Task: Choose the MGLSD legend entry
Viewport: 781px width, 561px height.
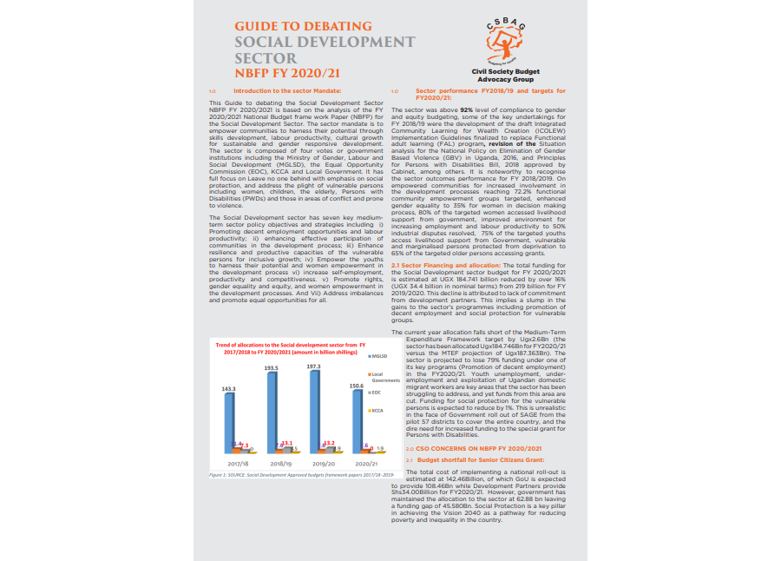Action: tap(379, 356)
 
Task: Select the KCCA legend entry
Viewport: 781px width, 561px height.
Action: tap(379, 410)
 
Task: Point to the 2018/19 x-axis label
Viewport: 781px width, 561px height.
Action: tap(280, 465)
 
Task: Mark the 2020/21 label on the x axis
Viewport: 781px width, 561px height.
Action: tap(364, 465)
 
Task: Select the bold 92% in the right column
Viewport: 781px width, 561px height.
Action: tap(465, 110)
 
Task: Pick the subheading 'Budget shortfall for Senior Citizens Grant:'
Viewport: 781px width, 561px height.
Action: tap(481, 459)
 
